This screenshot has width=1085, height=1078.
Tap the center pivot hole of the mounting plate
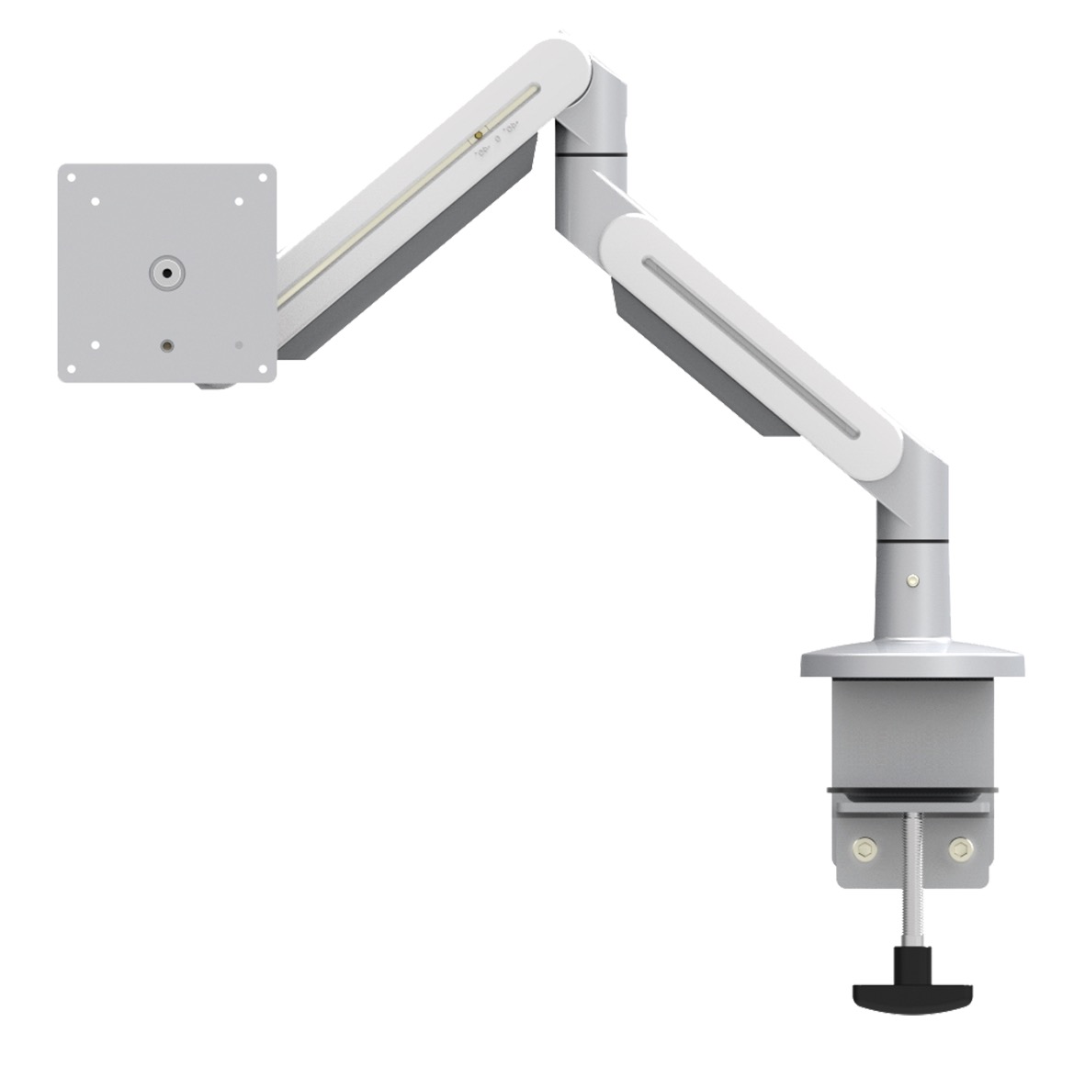tap(166, 274)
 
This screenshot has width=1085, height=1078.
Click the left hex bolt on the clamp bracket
tap(865, 848)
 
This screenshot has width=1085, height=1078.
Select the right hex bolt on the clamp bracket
tap(960, 848)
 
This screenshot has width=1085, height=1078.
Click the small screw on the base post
tap(910, 579)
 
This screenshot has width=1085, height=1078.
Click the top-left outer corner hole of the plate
tap(72, 177)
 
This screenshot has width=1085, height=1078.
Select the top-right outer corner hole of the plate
tap(262, 177)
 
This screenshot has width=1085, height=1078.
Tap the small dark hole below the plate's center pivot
tap(166, 346)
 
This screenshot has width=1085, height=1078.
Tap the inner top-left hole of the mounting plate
tap(95, 201)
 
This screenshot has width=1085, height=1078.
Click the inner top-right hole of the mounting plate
tap(238, 201)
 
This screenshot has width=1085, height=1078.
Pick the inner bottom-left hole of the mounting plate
tap(95, 345)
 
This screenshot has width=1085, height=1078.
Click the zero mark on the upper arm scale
tap(497, 141)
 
